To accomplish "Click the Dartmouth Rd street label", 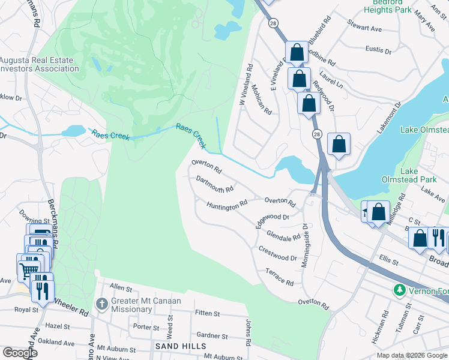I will point(214,185).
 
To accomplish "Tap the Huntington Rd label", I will point(227,204).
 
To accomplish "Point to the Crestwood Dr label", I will point(277,253).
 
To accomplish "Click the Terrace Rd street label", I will point(279,277).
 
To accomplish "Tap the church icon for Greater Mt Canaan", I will point(102,304).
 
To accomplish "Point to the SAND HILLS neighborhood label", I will point(181,346).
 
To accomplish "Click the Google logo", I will point(20,352).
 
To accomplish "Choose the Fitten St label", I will point(207,314).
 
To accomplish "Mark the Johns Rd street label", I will point(248,332).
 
